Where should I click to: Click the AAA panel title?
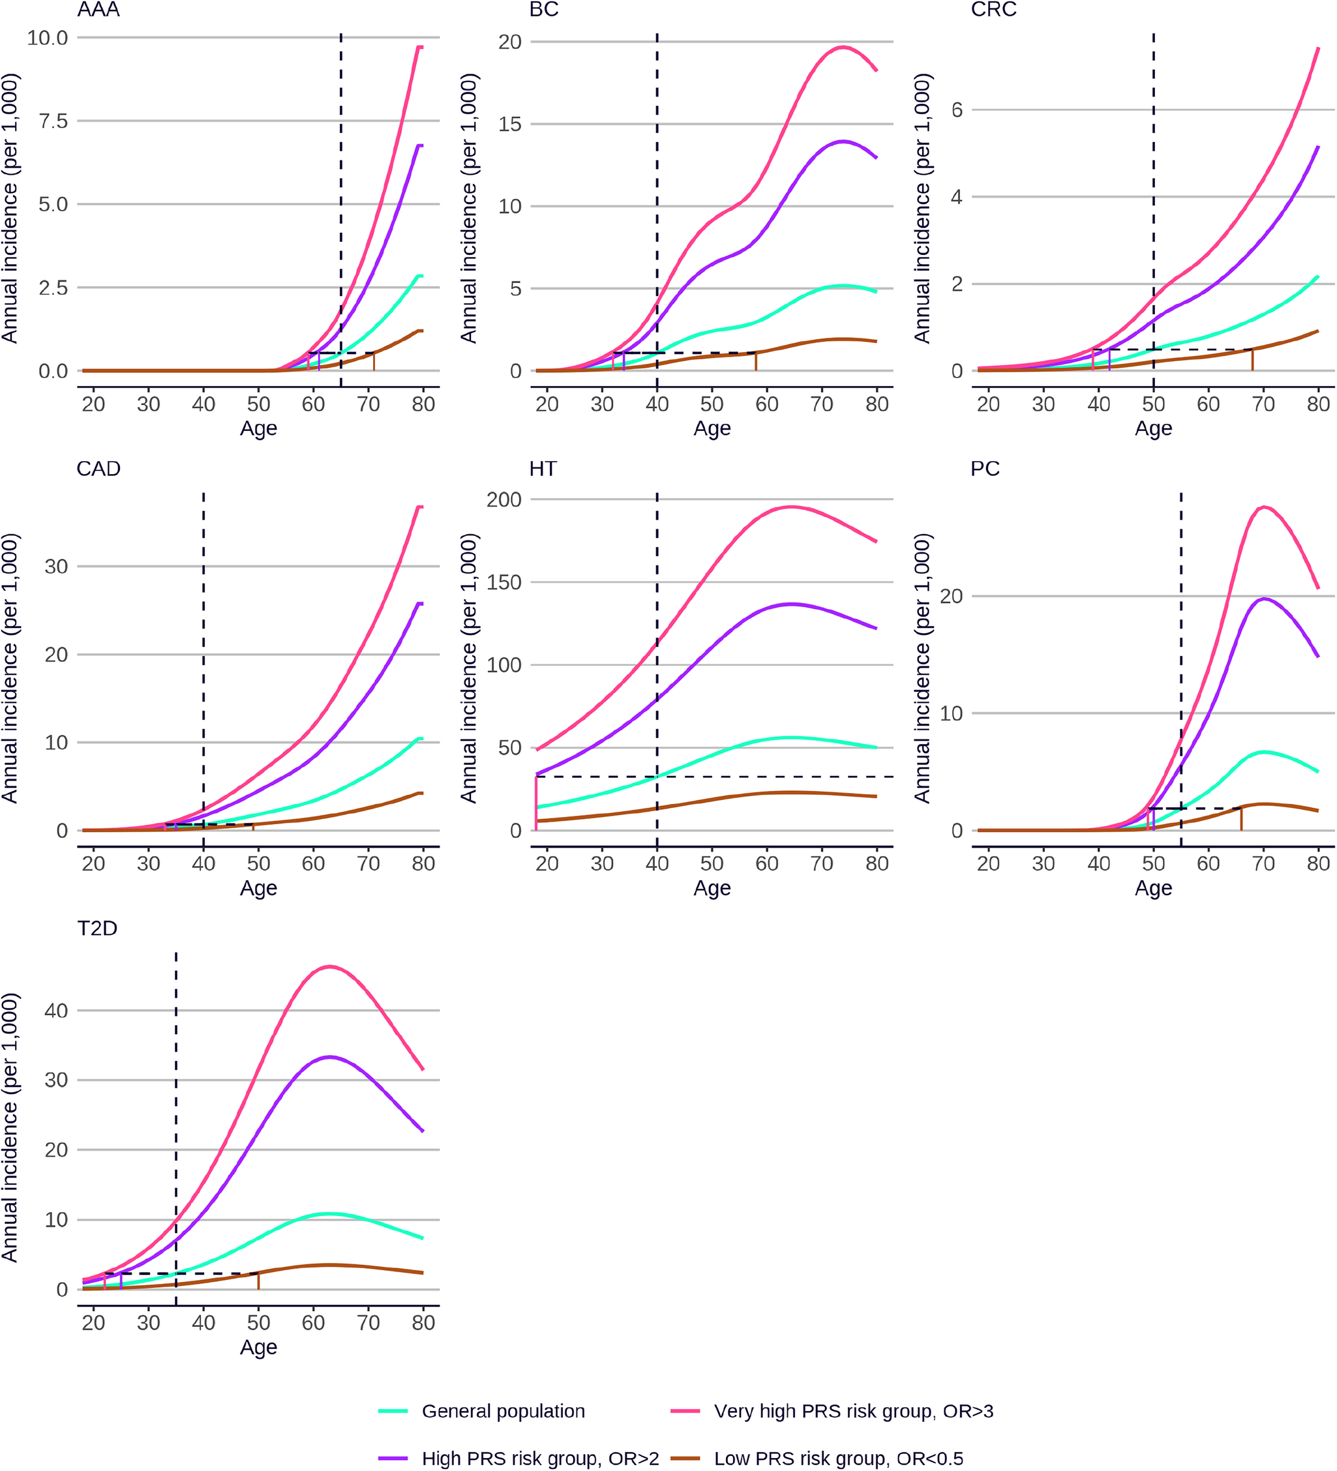98,10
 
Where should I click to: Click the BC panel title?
544,10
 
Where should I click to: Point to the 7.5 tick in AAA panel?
53,121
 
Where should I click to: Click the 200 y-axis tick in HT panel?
503,500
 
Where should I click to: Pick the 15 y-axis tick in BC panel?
509,124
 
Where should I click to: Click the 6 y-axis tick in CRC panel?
957,110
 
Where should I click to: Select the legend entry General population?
503,1410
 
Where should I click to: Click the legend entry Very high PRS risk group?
853,1410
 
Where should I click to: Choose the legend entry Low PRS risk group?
838,1458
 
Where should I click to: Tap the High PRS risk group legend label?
540,1458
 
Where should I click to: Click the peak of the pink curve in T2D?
330,967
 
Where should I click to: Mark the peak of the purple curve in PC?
1264,599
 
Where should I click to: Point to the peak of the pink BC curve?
843,48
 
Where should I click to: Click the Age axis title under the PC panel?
1153,888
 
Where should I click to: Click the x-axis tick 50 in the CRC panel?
1153,404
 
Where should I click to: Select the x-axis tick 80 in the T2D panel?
423,1323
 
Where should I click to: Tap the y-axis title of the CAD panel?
10,668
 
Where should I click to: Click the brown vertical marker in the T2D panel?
258,1281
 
